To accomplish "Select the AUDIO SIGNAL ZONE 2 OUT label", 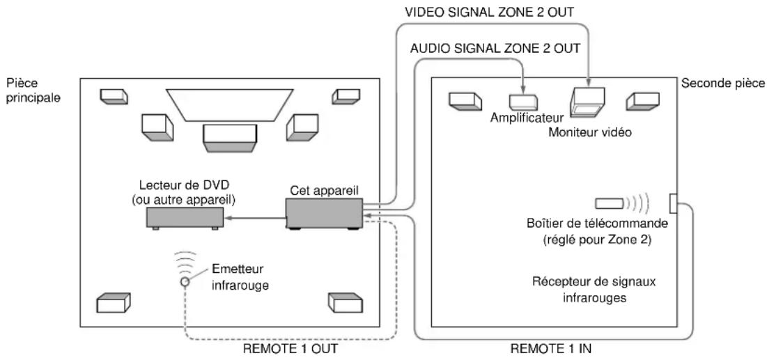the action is click(495, 49).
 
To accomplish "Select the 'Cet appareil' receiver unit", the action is click(324, 214).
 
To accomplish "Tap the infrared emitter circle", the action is click(185, 281).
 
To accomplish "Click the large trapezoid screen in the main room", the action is click(230, 105).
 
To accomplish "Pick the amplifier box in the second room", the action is click(523, 101).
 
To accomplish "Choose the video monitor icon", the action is click(587, 102).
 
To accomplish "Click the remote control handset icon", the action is click(609, 203).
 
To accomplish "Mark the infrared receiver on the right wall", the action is click(674, 203).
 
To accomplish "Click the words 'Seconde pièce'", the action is click(723, 84).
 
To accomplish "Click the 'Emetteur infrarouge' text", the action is click(240, 277).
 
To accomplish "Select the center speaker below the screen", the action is click(230, 139).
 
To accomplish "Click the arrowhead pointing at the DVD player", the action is click(228, 219).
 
